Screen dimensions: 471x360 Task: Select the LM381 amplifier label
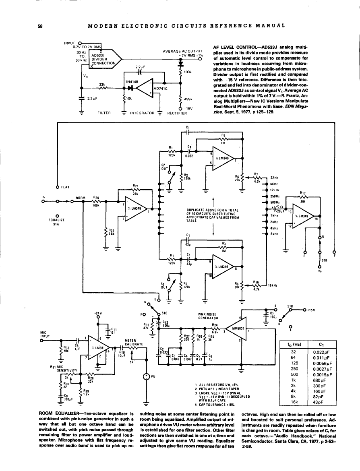click(98, 347)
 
